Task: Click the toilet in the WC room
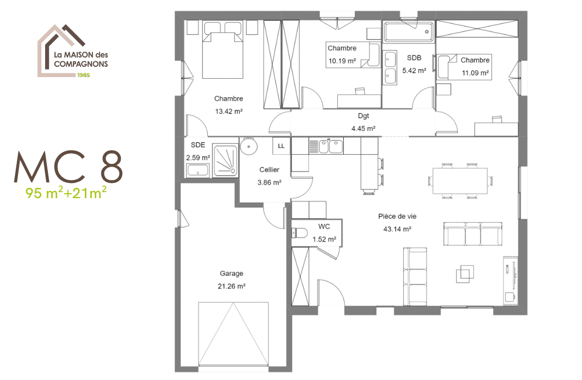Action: (x=300, y=233)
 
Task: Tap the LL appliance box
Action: (x=281, y=146)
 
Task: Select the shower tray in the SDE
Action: (x=225, y=160)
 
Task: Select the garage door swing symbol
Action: (x=234, y=336)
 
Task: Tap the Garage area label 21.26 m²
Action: (x=232, y=286)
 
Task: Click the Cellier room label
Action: (x=269, y=170)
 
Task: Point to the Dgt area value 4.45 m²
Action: (x=363, y=129)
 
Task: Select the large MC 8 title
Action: (x=69, y=167)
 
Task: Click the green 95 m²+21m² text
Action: (x=65, y=192)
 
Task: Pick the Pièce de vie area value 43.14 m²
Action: (x=397, y=229)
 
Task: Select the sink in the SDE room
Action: (x=197, y=171)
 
